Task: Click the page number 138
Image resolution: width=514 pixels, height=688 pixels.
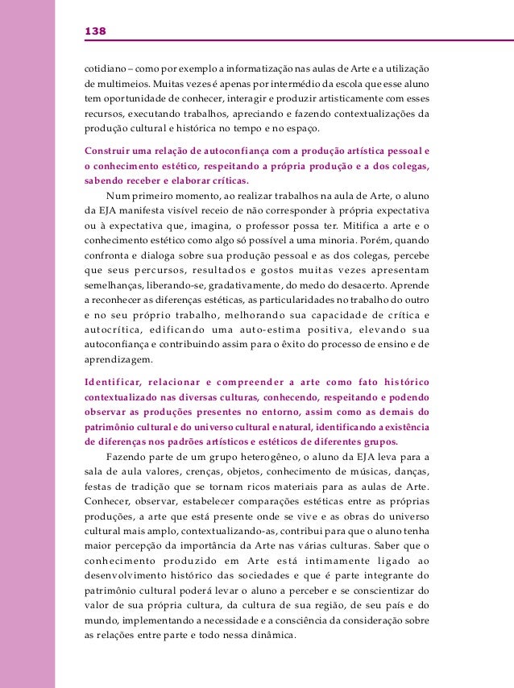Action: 95,31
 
